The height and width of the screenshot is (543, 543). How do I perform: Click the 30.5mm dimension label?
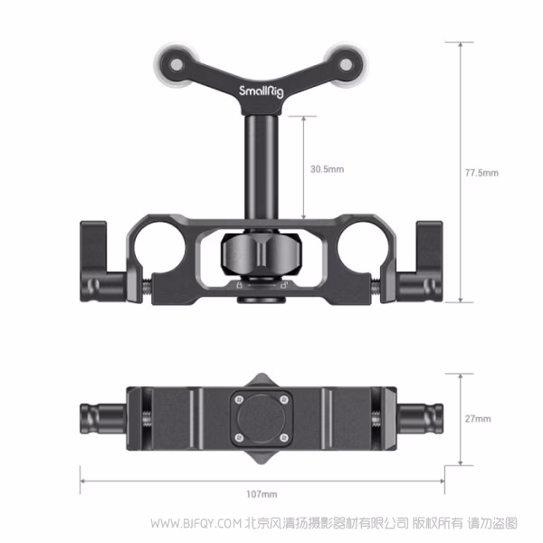click(x=327, y=169)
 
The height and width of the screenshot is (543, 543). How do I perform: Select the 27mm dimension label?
click(x=479, y=418)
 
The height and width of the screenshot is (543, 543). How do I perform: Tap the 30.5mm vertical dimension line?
click(x=301, y=169)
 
